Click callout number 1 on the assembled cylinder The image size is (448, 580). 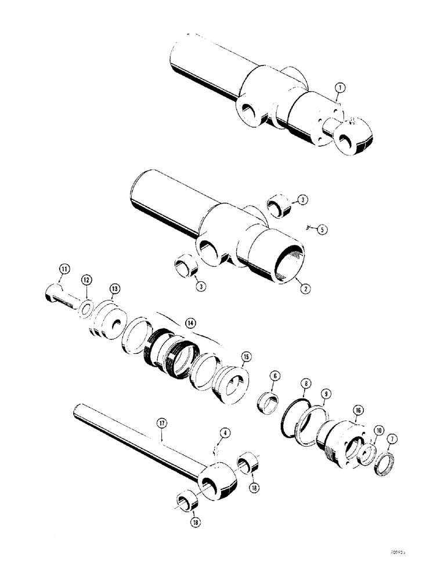[339, 88]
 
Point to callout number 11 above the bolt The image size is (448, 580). [64, 269]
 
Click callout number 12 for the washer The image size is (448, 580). [86, 280]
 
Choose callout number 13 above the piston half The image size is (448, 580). [114, 288]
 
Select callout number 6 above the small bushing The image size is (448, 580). [273, 376]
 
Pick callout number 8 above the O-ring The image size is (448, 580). [305, 383]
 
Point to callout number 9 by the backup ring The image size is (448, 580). [325, 394]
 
